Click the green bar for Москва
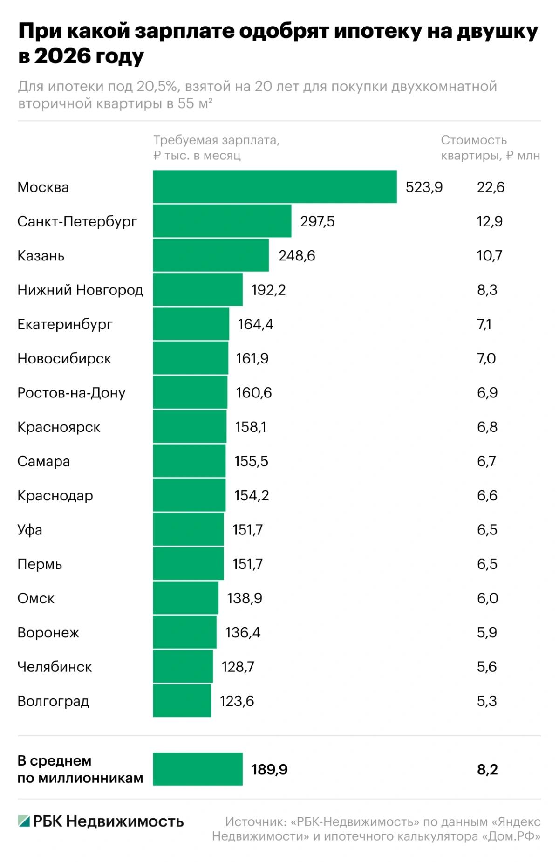pyautogui.click(x=275, y=187)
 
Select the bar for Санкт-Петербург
pyautogui.click(x=222, y=221)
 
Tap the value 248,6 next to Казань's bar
pyautogui.click(x=297, y=256)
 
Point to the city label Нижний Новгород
pyautogui.click(x=80, y=290)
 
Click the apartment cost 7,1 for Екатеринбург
pyautogui.click(x=484, y=324)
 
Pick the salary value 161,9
pyautogui.click(x=252, y=358)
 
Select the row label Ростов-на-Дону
pyautogui.click(x=71, y=393)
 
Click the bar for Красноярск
pyautogui.click(x=190, y=427)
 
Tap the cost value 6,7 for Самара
pyautogui.click(x=486, y=461)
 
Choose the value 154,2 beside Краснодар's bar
pyautogui.click(x=252, y=495)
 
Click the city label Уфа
pyautogui.click(x=30, y=530)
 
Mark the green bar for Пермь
pyautogui.click(x=188, y=564)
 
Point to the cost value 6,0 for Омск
pyautogui.click(x=487, y=598)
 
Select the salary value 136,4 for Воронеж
pyautogui.click(x=243, y=632)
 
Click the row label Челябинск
pyautogui.click(x=55, y=667)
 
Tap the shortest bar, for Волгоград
pyautogui.click(x=182, y=701)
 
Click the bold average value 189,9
pyautogui.click(x=269, y=769)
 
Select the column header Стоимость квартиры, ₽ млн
pyautogui.click(x=490, y=148)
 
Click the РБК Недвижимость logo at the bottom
pyautogui.click(x=101, y=821)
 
